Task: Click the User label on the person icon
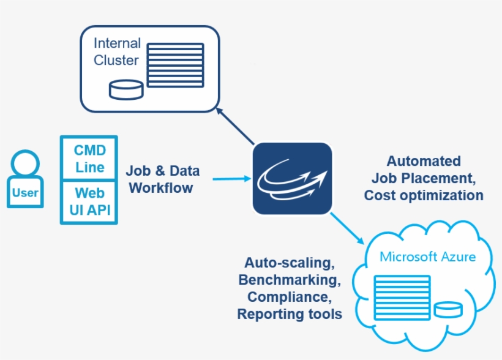pyautogui.click(x=25, y=193)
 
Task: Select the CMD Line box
pyautogui.click(x=89, y=159)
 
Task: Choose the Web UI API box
pyautogui.click(x=89, y=201)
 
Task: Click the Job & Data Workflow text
pyautogui.click(x=162, y=179)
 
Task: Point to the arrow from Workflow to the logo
pyautogui.click(x=231, y=179)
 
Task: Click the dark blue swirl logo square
pyautogui.click(x=292, y=179)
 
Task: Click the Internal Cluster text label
pyautogui.click(x=116, y=52)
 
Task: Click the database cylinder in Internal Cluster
pyautogui.click(x=125, y=89)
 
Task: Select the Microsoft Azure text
pyautogui.click(x=427, y=257)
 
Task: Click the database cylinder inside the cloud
pyautogui.click(x=448, y=309)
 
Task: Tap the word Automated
pyautogui.click(x=423, y=161)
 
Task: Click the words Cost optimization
pyautogui.click(x=423, y=195)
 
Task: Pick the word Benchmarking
pyautogui.click(x=289, y=280)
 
